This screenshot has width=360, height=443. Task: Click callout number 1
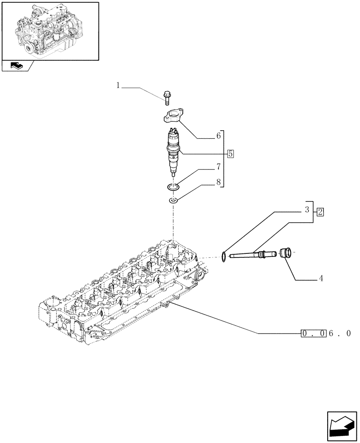118,85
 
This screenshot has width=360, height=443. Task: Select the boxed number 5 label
231,154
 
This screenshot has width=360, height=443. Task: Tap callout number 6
218,137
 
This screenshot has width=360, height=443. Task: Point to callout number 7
218,167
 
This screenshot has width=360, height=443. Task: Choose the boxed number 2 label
320,212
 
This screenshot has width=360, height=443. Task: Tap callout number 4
320,279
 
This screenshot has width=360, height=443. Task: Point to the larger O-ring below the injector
173,188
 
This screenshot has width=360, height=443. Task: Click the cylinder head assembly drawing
120,292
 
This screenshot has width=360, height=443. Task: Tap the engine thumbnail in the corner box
50,30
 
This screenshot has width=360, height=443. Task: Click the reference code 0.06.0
326,333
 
